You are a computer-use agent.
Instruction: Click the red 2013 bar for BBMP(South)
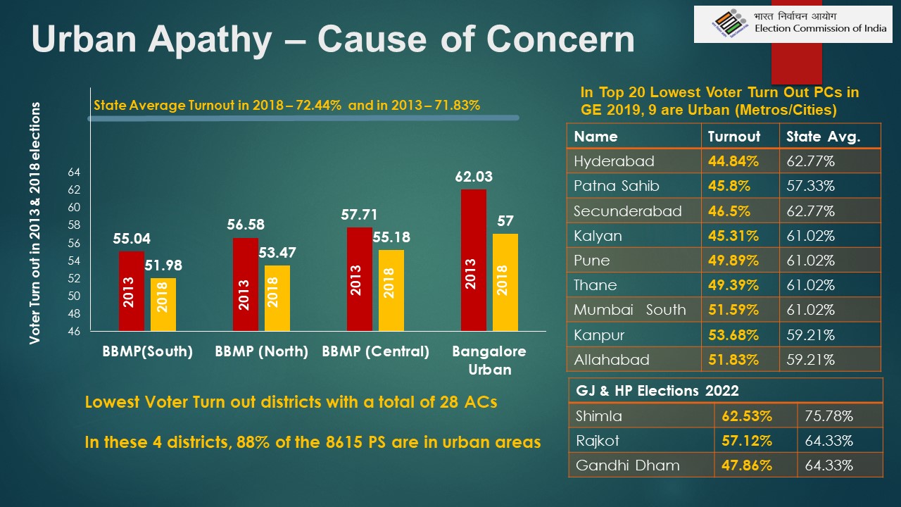(131, 291)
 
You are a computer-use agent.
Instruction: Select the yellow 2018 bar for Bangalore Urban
(505, 282)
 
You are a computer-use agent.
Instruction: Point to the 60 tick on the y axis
(74, 208)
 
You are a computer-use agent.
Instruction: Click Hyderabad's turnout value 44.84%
(733, 161)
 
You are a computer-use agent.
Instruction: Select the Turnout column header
(733, 137)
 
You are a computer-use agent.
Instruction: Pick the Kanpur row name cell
(599, 334)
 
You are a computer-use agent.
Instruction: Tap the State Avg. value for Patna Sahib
(810, 186)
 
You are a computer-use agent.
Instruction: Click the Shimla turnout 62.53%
(746, 416)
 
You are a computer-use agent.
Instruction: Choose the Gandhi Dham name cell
(617, 465)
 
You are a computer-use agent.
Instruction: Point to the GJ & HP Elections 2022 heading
(657, 391)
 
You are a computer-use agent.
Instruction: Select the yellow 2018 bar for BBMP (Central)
(391, 290)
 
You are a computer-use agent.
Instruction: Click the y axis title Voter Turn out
(34, 223)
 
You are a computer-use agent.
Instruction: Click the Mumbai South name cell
(629, 310)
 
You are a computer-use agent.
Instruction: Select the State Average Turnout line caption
(286, 106)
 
